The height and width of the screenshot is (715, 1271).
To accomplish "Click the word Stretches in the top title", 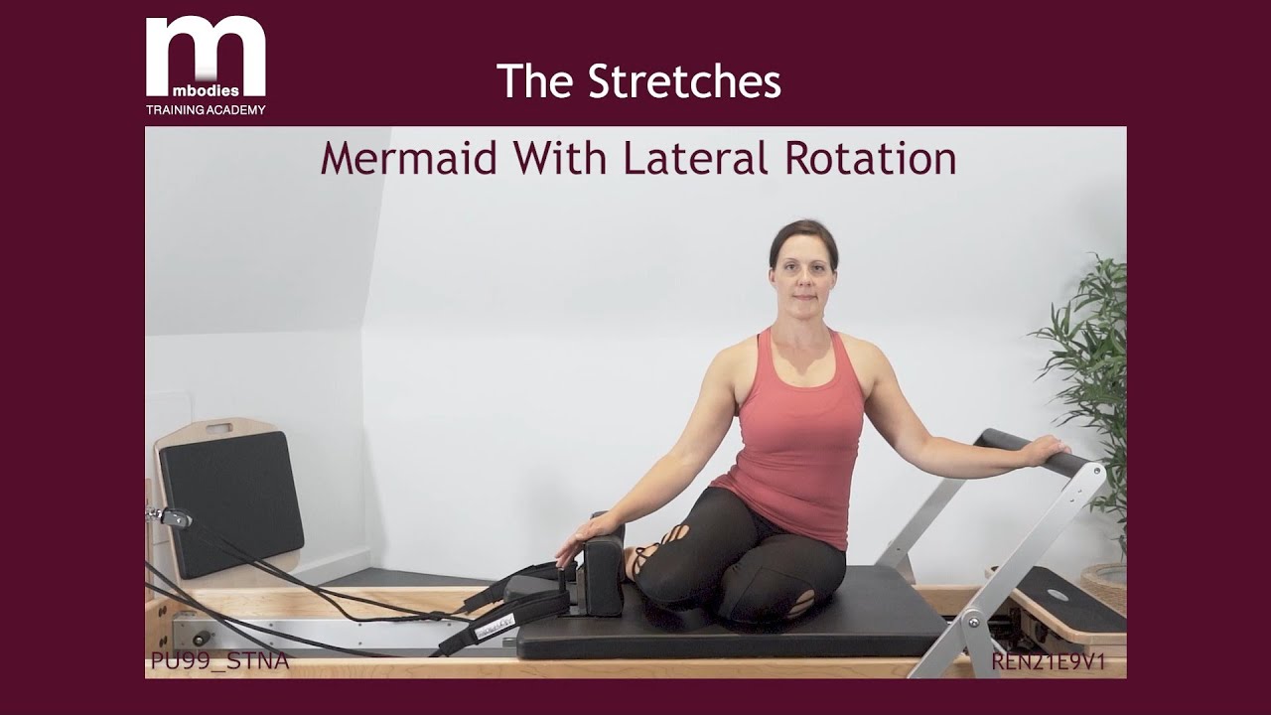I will pyautogui.click(x=684, y=81).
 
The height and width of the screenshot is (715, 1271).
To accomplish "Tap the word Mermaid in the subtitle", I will pyautogui.click(x=408, y=159).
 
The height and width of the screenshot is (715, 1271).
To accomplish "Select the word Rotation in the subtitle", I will pyautogui.click(x=870, y=159).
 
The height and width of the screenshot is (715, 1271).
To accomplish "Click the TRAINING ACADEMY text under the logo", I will pyautogui.click(x=206, y=110).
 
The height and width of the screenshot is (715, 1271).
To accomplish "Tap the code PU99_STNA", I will pyautogui.click(x=219, y=661).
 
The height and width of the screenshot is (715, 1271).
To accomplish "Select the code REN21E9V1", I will pyautogui.click(x=1048, y=661).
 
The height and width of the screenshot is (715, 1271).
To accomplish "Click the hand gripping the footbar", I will pyautogui.click(x=1045, y=451).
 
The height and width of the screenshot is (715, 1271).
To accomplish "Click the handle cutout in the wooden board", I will pyautogui.click(x=219, y=430).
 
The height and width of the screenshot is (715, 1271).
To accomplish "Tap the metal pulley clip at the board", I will pyautogui.click(x=172, y=517).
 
